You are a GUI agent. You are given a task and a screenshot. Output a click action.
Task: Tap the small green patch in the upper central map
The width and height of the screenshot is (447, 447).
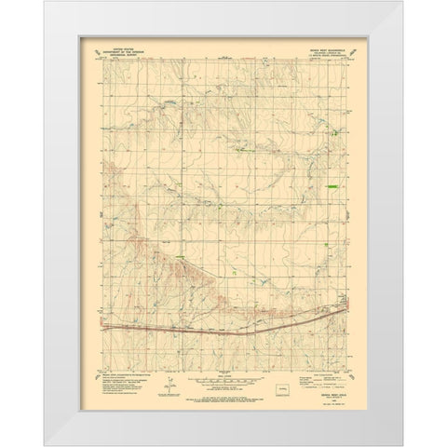tap(244, 147)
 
